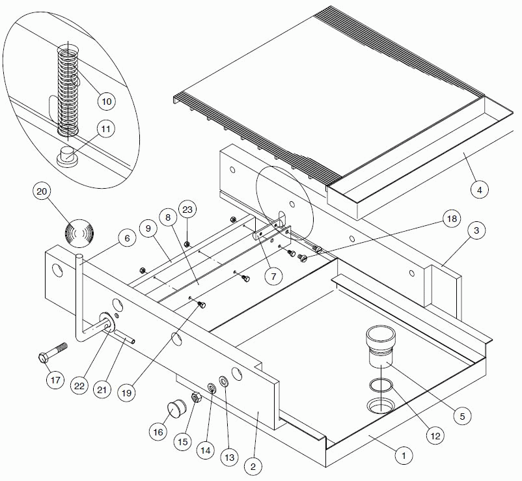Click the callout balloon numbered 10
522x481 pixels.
(x=106, y=101)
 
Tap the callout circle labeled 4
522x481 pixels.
(x=479, y=190)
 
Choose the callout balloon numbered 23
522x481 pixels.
(x=187, y=210)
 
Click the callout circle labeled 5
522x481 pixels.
(x=461, y=414)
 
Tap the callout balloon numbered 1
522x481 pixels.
(x=404, y=456)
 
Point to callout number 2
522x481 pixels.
(x=254, y=466)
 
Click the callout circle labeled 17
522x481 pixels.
(x=55, y=378)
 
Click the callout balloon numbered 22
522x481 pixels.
(x=79, y=385)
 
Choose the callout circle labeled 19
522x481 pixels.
(x=126, y=392)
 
